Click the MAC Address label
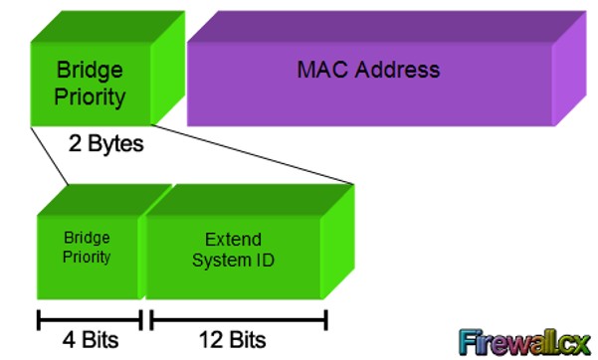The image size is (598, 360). pos(368,70)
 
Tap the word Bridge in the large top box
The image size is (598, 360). pos(90,71)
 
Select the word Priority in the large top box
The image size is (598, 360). pos(90,97)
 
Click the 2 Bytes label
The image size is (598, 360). pos(106,144)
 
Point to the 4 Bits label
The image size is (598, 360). pos(91,339)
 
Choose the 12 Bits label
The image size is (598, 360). pos(232,339)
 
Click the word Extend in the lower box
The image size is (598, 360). pos(233,240)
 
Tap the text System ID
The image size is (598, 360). pos(233,261)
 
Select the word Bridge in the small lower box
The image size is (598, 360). pos(87,238)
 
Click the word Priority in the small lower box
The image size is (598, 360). pos(87,257)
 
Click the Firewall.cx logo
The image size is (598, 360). pos(524,342)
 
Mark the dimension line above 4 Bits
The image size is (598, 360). pos(90,320)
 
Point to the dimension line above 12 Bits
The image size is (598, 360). pos(239,320)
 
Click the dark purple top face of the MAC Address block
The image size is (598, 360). pos(387,26)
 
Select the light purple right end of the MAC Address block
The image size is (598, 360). pos(569,69)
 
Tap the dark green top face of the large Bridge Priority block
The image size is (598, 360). pos(107,26)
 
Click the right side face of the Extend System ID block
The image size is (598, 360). pos(338,242)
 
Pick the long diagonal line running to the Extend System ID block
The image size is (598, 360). pos(252,154)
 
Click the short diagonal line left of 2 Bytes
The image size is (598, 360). pos(49,156)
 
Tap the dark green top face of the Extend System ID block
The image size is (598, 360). pos(250,200)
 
